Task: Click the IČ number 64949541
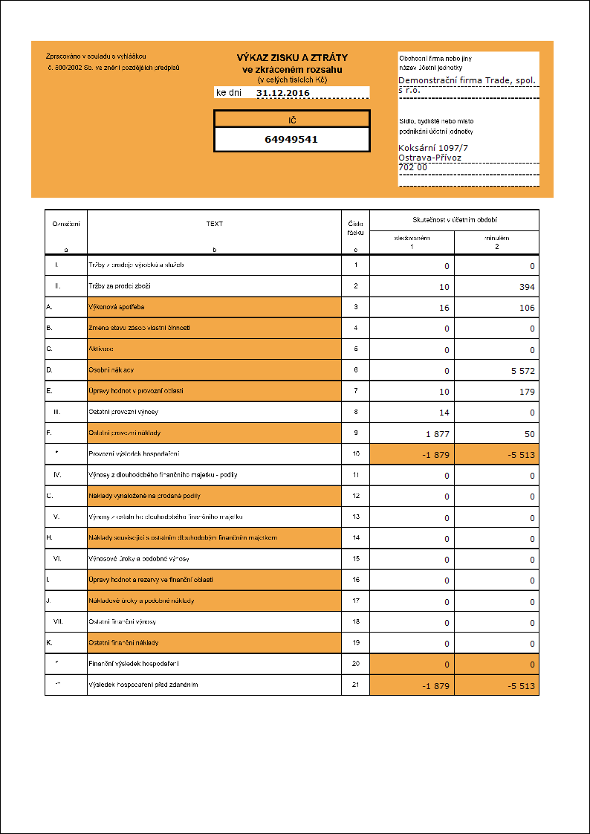291,139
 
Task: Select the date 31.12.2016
283,93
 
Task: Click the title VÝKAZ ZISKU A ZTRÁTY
292,57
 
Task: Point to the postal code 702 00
413,168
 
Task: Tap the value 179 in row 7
528,392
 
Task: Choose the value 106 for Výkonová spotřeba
528,308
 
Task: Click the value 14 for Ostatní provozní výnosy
444,413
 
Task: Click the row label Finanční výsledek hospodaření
134,663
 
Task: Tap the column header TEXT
214,224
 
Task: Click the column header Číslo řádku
355,227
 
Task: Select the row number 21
356,684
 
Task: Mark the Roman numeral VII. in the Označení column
57,621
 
